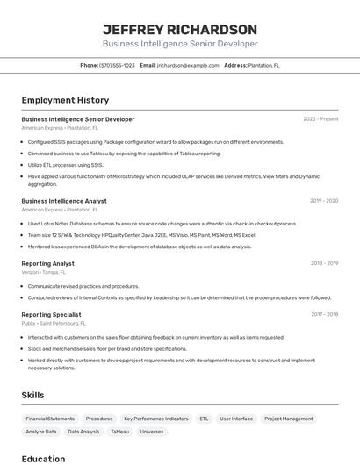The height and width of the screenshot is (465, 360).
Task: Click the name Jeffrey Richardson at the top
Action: click(180, 29)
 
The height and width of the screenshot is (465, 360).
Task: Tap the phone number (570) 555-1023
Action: click(117, 66)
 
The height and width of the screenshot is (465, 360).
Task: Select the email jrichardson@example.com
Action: click(188, 66)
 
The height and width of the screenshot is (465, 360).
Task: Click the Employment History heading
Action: click(65, 100)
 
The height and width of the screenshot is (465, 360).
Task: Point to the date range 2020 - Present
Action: click(320, 119)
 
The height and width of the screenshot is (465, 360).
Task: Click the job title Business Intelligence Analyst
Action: click(64, 201)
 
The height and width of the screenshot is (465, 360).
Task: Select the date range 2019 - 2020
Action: click(324, 201)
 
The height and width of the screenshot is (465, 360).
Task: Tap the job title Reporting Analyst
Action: click(47, 263)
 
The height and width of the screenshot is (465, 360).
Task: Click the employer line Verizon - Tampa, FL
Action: click(43, 272)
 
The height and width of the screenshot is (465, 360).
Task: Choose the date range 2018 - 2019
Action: click(324, 263)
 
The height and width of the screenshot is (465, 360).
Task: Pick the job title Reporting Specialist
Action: click(51, 314)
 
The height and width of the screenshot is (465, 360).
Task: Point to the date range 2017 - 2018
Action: click(324, 314)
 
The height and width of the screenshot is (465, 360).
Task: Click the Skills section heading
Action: click(32, 396)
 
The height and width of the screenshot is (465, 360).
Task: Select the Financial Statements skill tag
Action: click(50, 419)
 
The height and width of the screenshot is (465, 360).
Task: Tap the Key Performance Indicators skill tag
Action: click(155, 419)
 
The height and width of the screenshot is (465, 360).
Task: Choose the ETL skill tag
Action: click(204, 419)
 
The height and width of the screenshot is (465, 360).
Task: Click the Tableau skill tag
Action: click(119, 432)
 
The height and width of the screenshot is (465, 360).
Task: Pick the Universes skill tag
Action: click(151, 432)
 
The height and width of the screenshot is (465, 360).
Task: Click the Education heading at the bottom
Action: click(43, 459)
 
